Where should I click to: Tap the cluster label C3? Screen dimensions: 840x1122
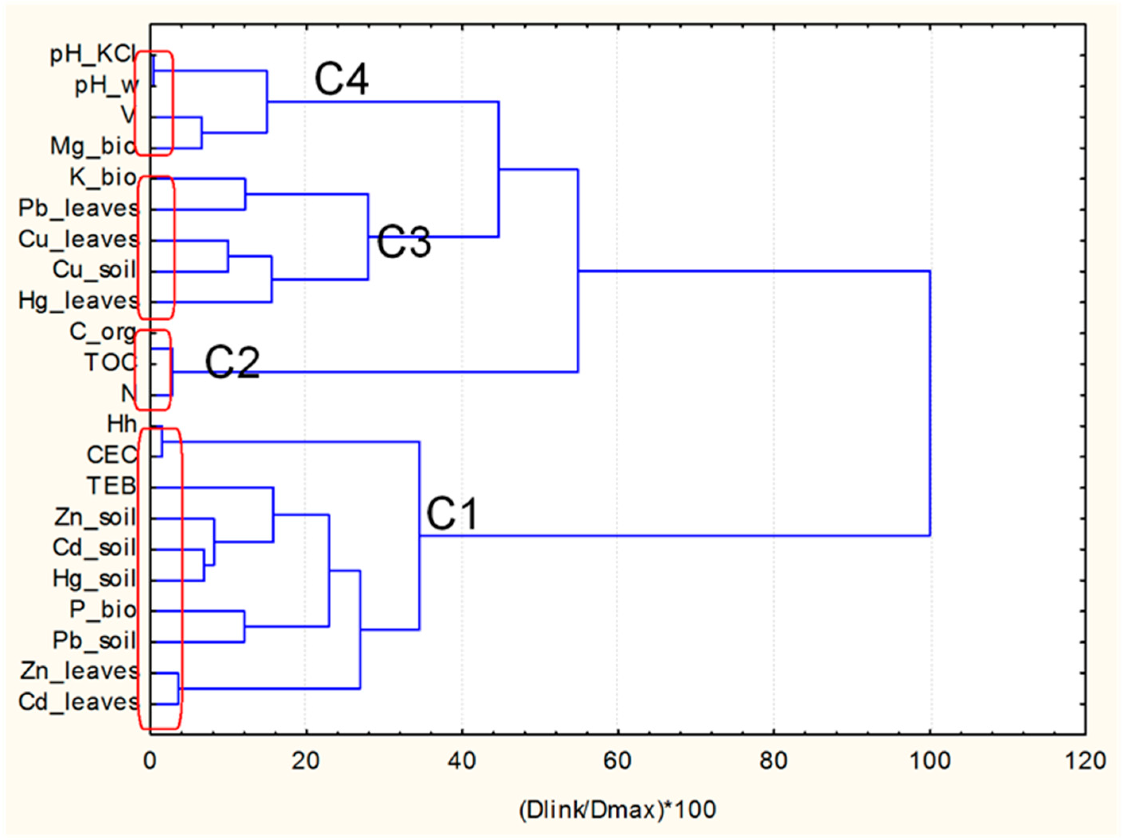click(404, 242)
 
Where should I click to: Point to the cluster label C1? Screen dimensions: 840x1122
click(452, 514)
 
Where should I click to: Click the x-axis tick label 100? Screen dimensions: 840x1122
click(930, 761)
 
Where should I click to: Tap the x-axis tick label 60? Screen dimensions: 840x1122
click(617, 761)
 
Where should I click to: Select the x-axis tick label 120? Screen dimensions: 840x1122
click(1085, 761)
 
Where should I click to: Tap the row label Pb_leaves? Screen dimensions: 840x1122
click(79, 208)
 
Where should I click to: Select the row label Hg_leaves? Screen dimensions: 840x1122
click(79, 301)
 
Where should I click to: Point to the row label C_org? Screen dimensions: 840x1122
click(103, 332)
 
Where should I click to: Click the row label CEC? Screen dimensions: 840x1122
click(112, 456)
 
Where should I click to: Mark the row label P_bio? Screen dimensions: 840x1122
click(103, 610)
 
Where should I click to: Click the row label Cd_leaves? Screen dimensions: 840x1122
click(79, 702)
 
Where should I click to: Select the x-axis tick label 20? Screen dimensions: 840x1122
click(305, 761)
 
